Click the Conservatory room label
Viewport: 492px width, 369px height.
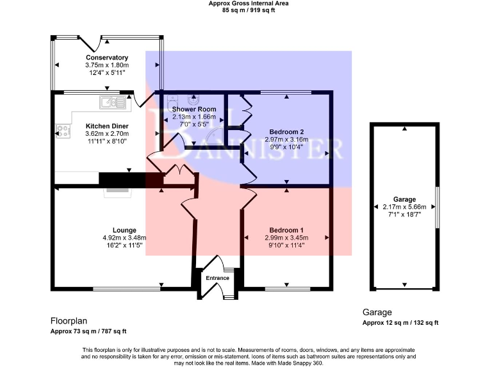tap(107, 58)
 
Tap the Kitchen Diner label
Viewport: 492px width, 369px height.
tap(107, 126)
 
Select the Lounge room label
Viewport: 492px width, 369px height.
tap(124, 230)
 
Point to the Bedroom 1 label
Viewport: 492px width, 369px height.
tap(286, 230)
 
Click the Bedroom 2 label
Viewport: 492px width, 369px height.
tap(286, 131)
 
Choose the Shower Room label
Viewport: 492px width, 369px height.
tap(193, 109)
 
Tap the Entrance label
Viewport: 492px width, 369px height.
tap(217, 278)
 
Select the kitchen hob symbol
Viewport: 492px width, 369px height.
tap(63, 131)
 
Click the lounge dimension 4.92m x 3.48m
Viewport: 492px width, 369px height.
tap(124, 238)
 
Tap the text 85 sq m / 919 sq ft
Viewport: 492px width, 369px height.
tap(249, 10)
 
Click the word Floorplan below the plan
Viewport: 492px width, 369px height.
tap(69, 320)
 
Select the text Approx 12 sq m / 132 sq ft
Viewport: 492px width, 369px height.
tap(400, 323)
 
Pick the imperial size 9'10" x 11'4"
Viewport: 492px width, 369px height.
tap(286, 245)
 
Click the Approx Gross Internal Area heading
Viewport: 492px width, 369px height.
tap(249, 3)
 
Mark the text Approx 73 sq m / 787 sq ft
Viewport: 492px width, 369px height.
tap(88, 331)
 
